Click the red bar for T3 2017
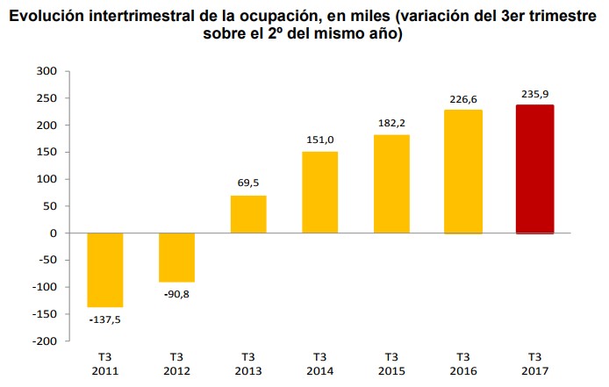[x=534, y=169]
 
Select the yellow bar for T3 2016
[x=462, y=172]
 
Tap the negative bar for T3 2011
[x=104, y=269]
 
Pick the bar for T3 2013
[x=248, y=214]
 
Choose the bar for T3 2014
[x=319, y=192]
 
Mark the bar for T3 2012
[x=176, y=257]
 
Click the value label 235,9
[x=534, y=93]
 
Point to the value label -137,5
[x=104, y=319]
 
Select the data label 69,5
[x=248, y=183]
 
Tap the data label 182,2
[x=391, y=121]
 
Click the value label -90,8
[x=176, y=294]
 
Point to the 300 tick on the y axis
[x=47, y=71]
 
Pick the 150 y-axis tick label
[x=47, y=152]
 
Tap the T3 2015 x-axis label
[x=391, y=363]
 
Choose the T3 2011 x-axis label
[x=104, y=363]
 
